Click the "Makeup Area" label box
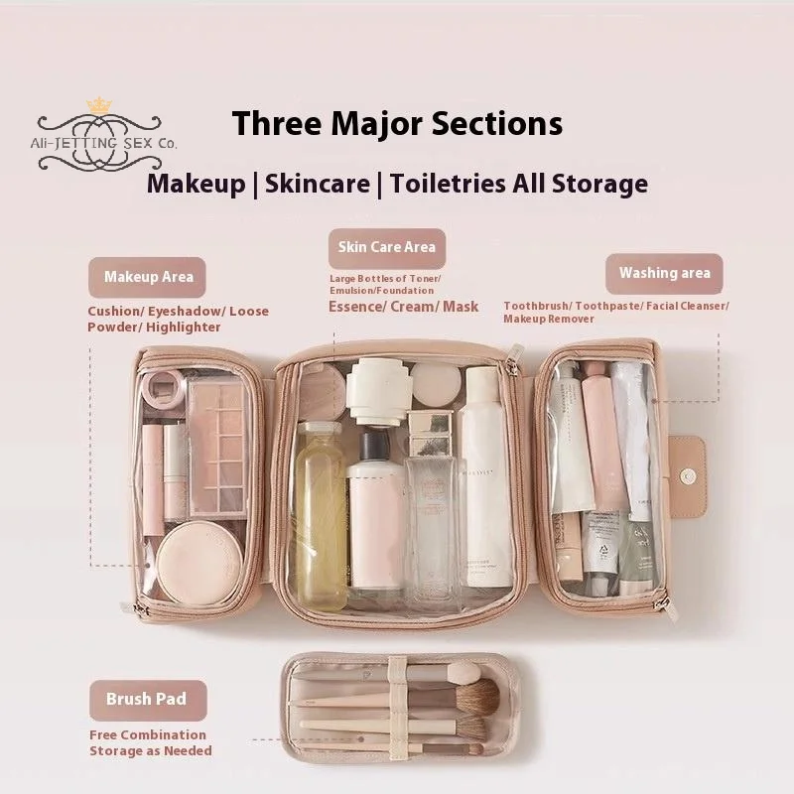click(148, 278)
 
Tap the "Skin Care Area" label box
click(387, 247)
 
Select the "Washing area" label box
click(664, 273)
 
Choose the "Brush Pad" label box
click(147, 699)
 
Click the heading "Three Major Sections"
click(397, 124)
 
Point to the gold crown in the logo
click(98, 105)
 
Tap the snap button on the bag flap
click(687, 476)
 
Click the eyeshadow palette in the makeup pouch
click(216, 447)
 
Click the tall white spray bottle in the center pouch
click(483, 476)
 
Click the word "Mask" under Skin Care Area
click(461, 307)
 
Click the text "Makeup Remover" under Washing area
click(548, 320)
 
